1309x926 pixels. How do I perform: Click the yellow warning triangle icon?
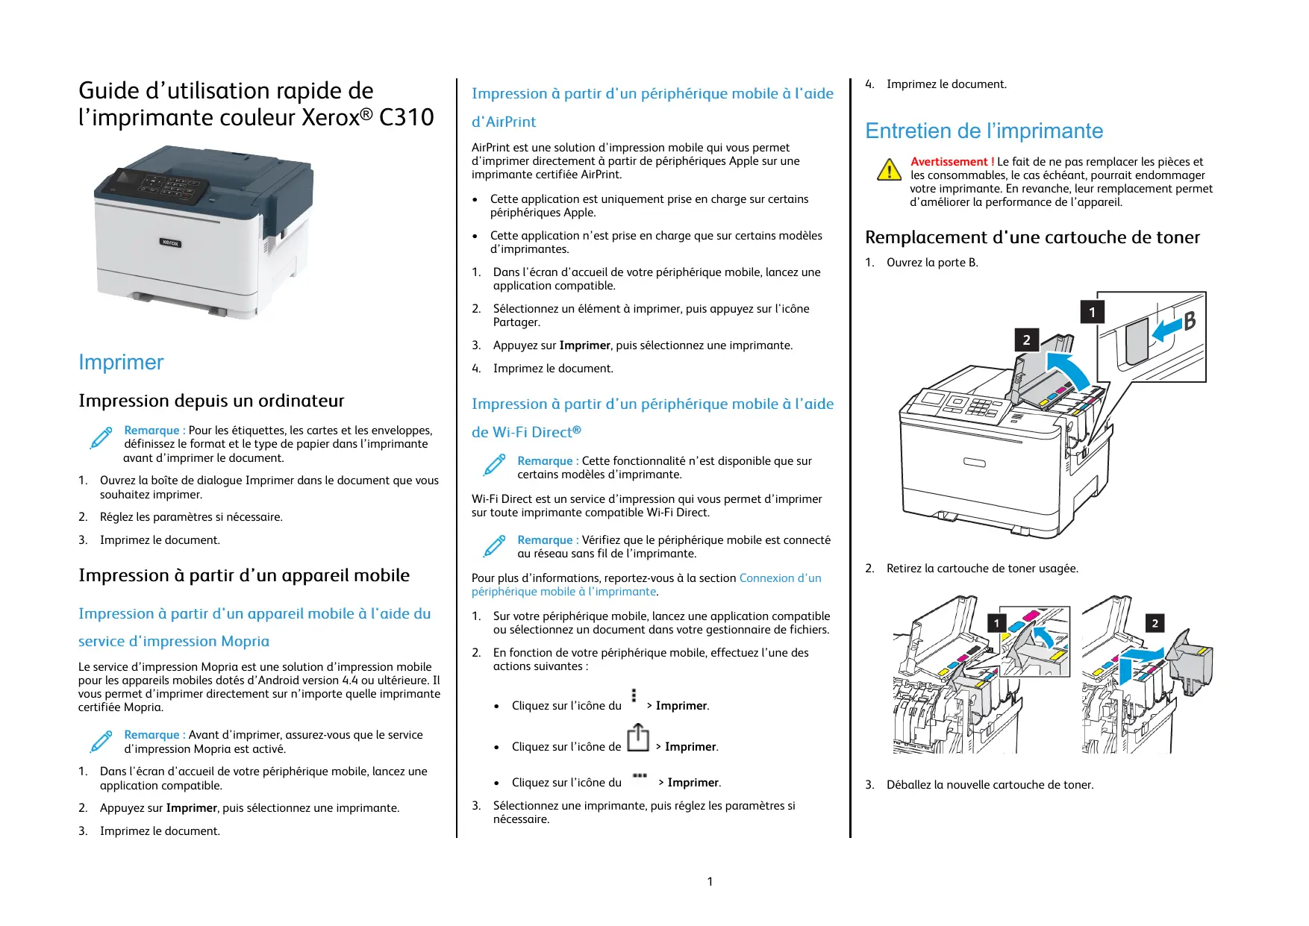(x=888, y=170)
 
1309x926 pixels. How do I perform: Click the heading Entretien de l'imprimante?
(x=984, y=131)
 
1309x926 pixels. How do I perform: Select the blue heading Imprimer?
(x=121, y=363)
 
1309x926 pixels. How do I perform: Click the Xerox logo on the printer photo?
(x=170, y=243)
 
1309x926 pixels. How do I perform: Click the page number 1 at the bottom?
(x=710, y=881)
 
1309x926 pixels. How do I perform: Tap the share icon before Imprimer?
(x=637, y=738)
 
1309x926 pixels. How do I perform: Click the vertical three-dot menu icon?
(x=634, y=696)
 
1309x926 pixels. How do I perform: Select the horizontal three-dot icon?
(x=640, y=776)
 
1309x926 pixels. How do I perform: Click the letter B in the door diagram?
(x=1189, y=321)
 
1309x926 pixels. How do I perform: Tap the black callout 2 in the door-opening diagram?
(x=1026, y=340)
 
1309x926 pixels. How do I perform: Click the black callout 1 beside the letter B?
(x=1092, y=312)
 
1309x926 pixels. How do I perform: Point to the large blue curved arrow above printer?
(x=1068, y=369)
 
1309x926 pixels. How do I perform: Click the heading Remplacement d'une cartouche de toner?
(x=1032, y=237)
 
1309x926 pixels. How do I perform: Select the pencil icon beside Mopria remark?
(x=101, y=741)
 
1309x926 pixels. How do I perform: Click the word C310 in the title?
(x=406, y=118)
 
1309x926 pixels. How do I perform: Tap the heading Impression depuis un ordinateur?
(x=211, y=401)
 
